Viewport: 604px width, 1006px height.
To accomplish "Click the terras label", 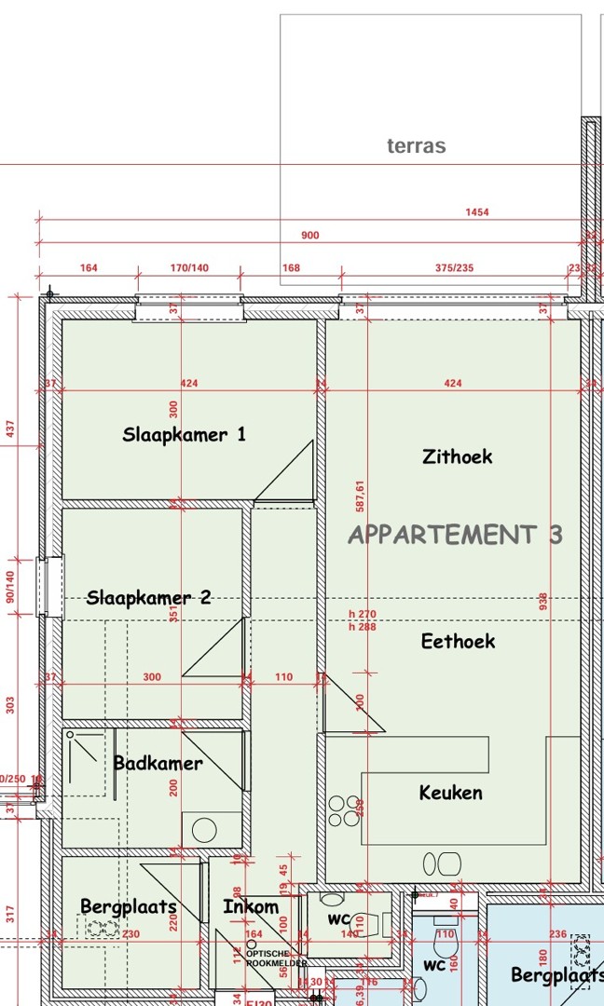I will coord(416,146).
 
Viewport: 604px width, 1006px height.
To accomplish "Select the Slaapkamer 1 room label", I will coord(185,434).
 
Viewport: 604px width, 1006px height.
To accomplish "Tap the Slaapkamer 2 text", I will coord(149,598).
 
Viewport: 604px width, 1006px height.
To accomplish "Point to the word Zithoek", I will coord(457,456).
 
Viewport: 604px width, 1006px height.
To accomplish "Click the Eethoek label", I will coord(458,641).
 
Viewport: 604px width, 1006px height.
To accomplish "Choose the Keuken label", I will coord(451,793).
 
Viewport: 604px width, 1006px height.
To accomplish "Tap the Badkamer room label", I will coord(158,764).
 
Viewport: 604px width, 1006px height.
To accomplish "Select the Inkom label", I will coord(251,906).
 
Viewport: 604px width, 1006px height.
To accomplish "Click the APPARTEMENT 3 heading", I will coord(455,535).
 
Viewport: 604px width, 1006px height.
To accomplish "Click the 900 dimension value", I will coord(309,236).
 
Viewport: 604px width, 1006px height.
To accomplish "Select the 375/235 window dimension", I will coord(454,268).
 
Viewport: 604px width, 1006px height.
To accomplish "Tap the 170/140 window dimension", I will coord(189,268).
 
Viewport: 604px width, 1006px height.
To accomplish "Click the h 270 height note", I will coord(362,614).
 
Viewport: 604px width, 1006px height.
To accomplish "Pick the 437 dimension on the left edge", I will coord(11,428).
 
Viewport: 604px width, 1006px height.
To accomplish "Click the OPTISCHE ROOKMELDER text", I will coord(275,958).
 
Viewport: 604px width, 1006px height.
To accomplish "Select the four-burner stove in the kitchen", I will coord(344,809).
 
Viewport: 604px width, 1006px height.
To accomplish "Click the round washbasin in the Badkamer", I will coord(204,829).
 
